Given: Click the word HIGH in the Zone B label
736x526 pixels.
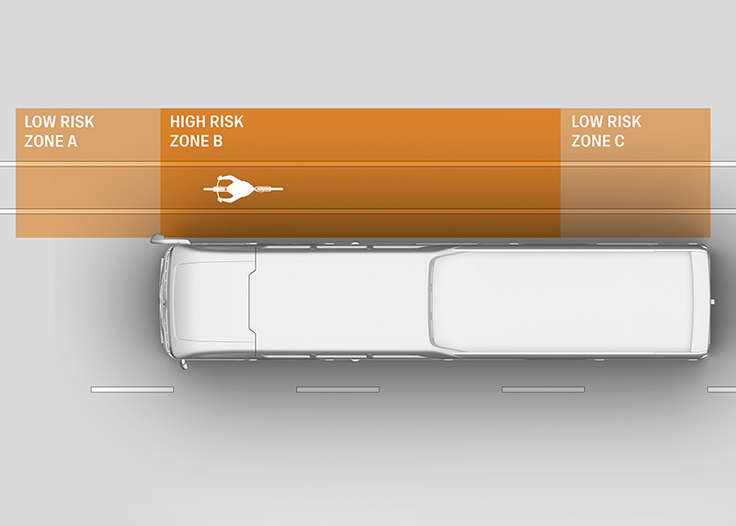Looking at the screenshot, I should [188, 121].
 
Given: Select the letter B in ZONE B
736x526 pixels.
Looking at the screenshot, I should [217, 142].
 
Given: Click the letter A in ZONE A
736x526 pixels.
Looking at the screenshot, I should [72, 142].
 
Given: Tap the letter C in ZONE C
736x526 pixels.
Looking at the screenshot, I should [619, 142].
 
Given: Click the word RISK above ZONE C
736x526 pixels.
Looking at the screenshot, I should [624, 121].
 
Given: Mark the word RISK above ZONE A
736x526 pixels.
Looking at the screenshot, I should [76, 121].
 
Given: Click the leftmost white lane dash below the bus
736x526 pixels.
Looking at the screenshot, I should [132, 390].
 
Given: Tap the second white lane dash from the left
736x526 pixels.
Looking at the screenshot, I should [337, 390].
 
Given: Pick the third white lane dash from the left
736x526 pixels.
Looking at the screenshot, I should [543, 390].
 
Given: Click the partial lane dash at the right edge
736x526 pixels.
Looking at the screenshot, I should [721, 390].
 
